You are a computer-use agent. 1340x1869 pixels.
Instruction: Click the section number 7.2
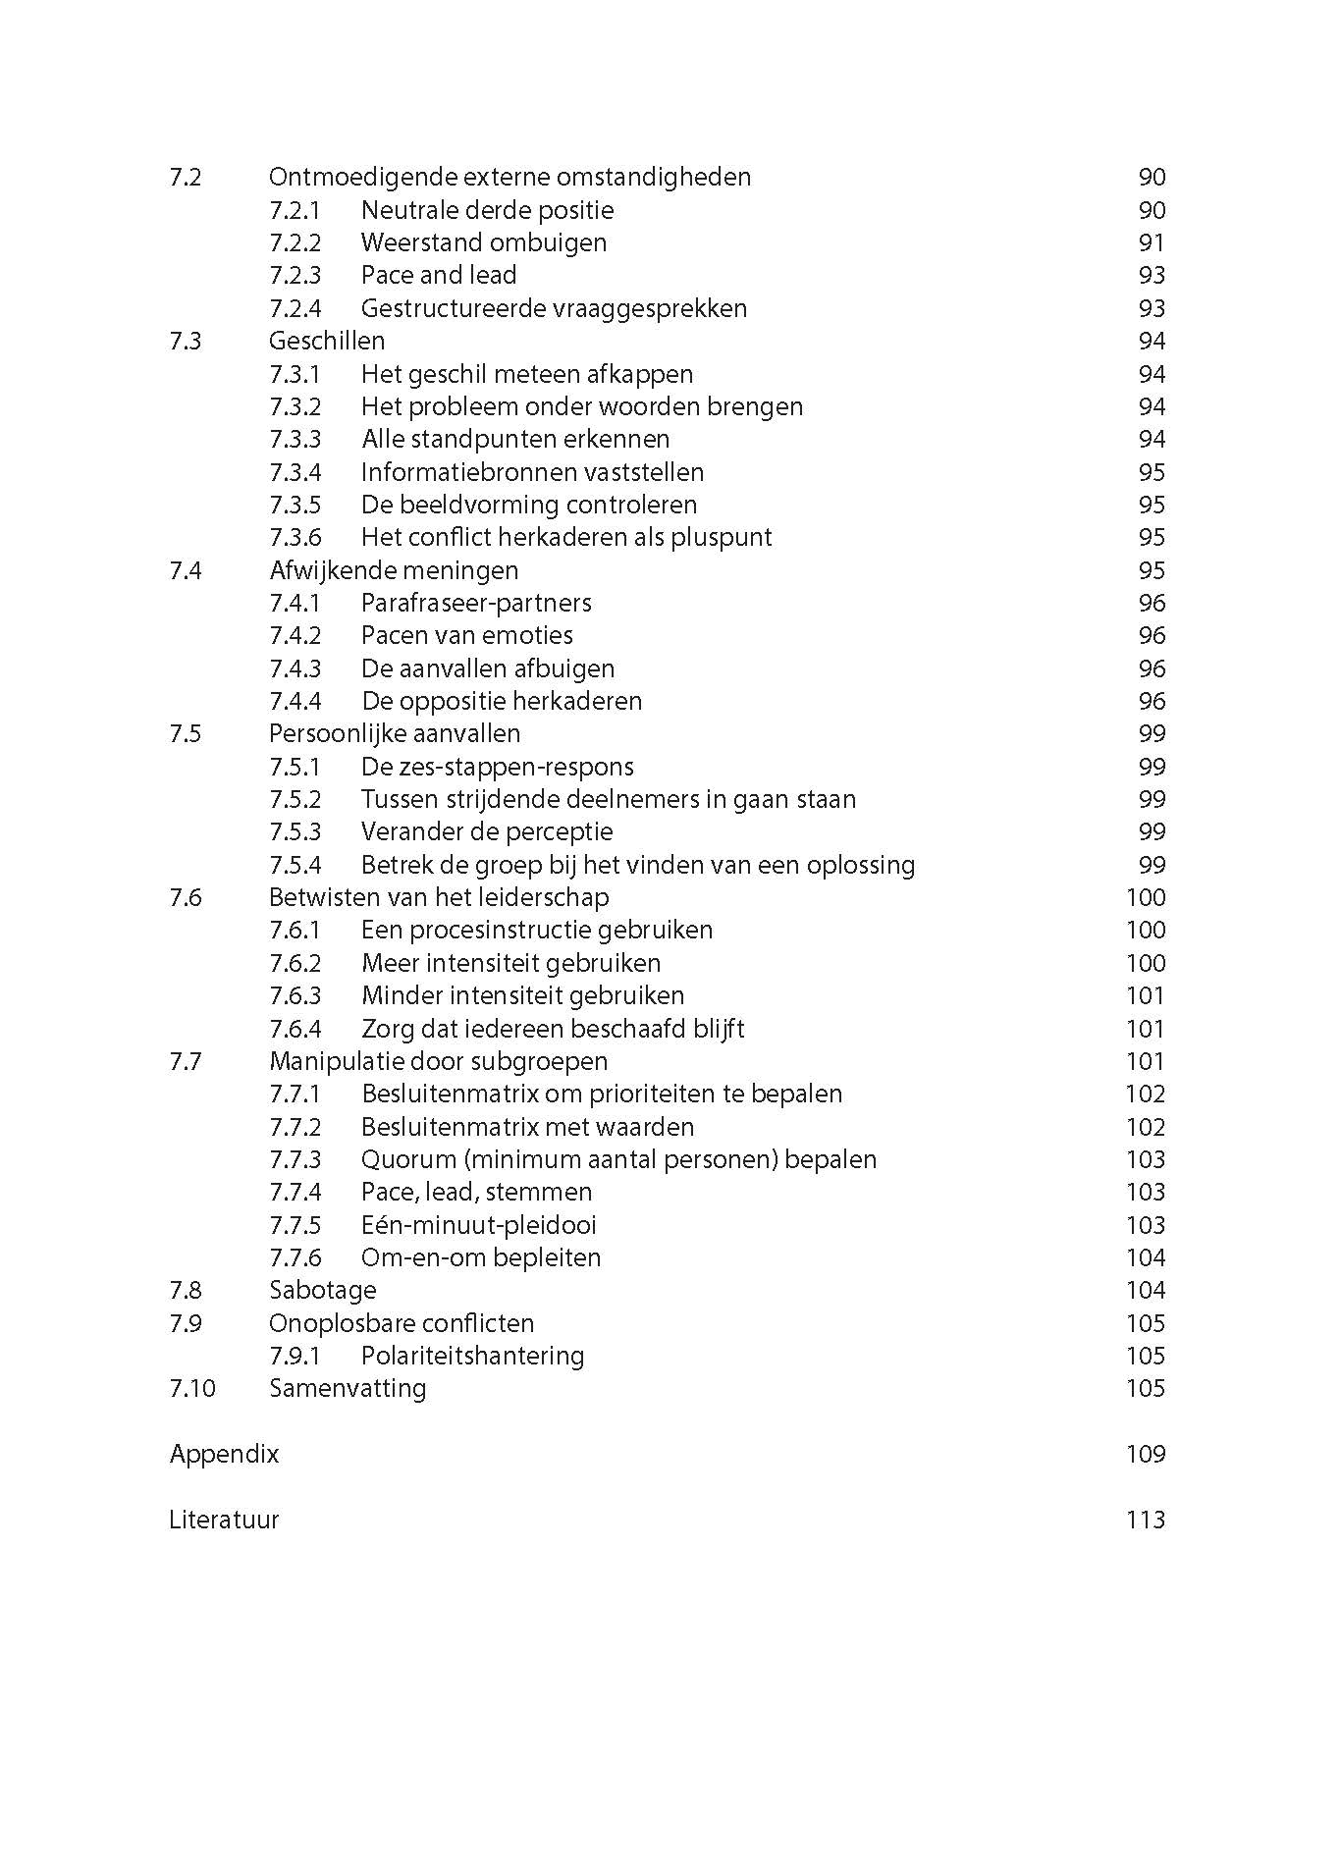point(186,178)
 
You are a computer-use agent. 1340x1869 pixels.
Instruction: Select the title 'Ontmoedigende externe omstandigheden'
point(509,178)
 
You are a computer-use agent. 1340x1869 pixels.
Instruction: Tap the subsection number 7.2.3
point(295,276)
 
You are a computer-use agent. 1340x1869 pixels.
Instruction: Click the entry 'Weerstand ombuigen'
point(483,242)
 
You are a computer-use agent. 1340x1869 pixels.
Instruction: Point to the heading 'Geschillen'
point(326,342)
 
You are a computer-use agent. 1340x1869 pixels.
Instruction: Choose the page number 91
point(1151,242)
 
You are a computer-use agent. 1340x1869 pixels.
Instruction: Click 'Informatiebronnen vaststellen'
point(532,472)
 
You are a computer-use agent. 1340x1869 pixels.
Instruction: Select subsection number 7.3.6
point(295,538)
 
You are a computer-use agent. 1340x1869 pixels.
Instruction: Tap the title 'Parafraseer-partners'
point(476,604)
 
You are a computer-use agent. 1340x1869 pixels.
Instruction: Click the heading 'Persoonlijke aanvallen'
point(394,734)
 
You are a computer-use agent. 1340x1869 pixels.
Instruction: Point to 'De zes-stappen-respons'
point(497,767)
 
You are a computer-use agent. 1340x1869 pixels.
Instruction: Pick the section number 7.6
point(186,898)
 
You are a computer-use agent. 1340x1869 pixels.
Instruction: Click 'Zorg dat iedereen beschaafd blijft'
point(553,1029)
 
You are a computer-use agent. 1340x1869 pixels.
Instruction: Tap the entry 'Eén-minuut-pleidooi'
point(478,1225)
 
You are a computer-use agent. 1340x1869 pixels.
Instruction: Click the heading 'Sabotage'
point(322,1291)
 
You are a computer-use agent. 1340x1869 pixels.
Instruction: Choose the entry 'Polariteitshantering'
point(472,1356)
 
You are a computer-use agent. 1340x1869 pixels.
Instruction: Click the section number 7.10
point(191,1389)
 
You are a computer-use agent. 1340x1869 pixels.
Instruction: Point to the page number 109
point(1145,1454)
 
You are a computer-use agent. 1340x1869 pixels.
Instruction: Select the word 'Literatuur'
point(224,1520)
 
